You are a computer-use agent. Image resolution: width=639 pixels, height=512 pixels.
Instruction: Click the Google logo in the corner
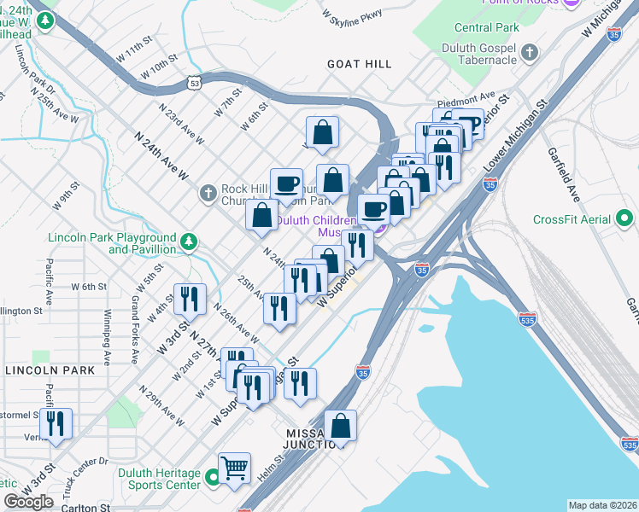click(x=28, y=502)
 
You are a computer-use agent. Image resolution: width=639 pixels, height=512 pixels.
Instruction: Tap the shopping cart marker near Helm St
click(x=234, y=468)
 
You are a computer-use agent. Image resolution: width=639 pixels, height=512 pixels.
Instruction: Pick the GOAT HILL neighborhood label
click(x=360, y=64)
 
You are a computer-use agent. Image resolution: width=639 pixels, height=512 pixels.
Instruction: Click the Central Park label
click(x=487, y=27)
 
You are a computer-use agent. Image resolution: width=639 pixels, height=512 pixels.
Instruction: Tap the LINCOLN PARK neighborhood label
click(x=50, y=370)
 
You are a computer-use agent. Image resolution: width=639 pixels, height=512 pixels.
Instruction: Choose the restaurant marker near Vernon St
click(x=56, y=424)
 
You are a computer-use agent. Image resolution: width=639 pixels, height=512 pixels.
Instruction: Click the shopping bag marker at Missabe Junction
click(x=340, y=426)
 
